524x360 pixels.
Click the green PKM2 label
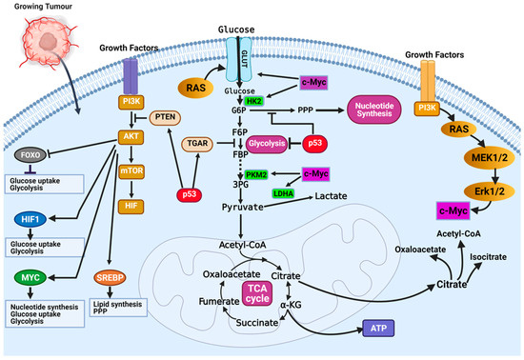[x=256, y=175]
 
